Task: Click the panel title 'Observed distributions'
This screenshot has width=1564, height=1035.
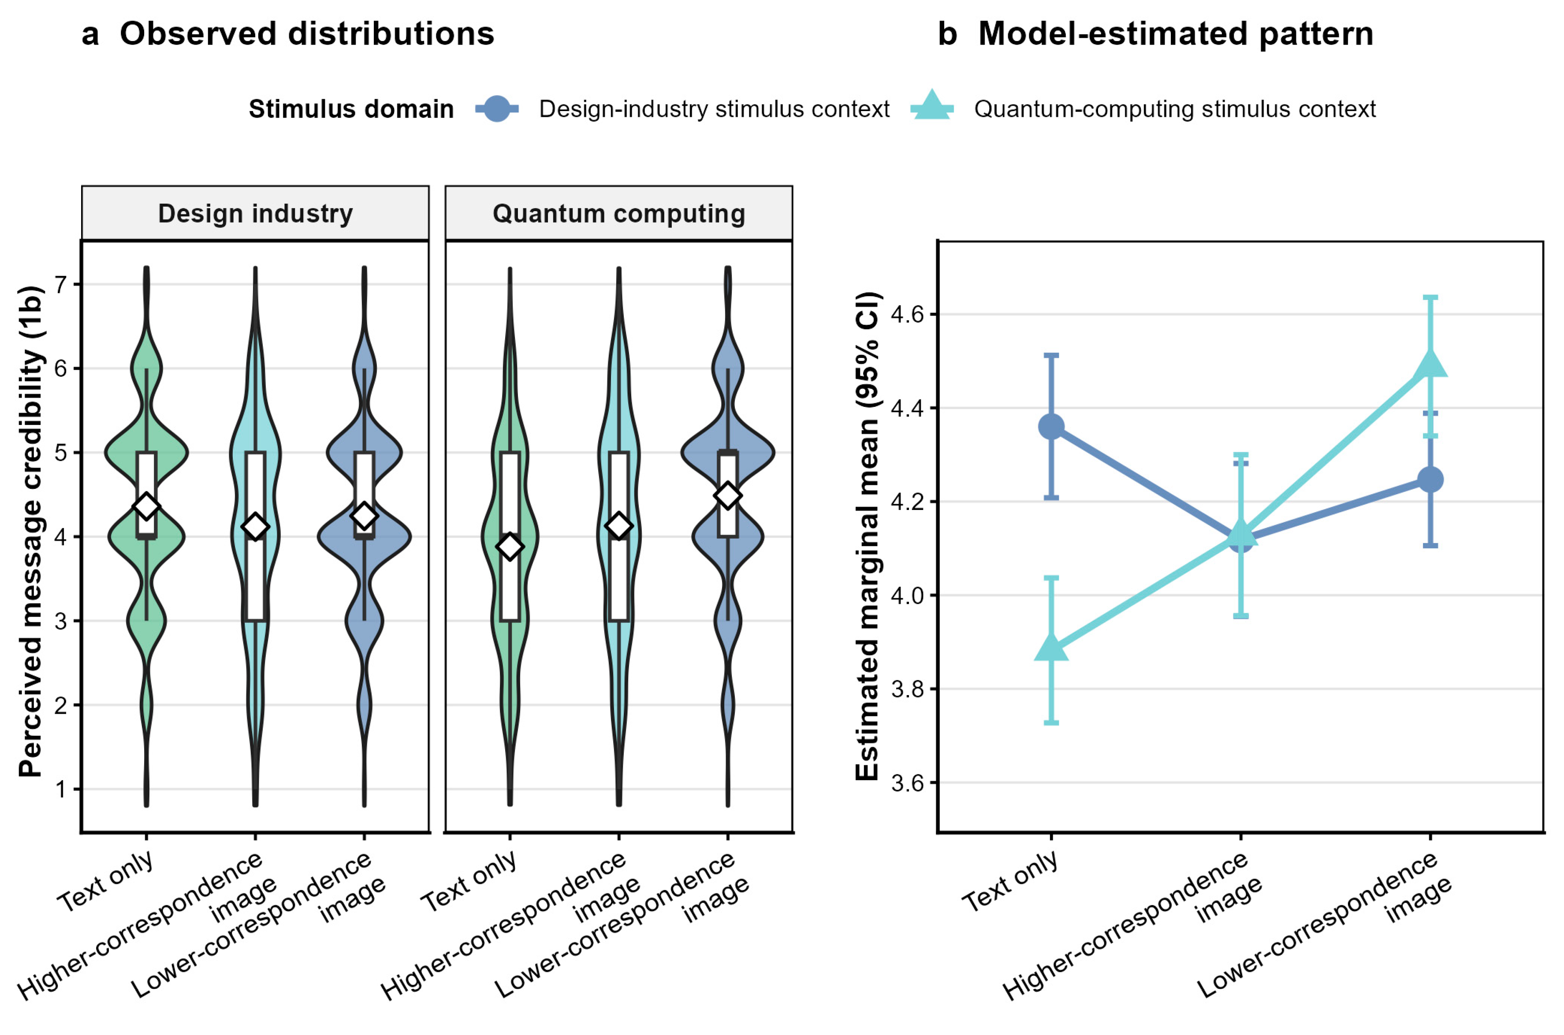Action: [307, 33]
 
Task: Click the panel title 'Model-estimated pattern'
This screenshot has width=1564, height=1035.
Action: [1175, 33]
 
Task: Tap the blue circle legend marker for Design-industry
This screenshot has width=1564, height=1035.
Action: [497, 108]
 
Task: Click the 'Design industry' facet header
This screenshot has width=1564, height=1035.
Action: [255, 213]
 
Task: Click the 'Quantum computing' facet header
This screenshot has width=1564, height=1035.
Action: [619, 213]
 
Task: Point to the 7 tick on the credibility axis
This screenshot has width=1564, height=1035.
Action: [61, 284]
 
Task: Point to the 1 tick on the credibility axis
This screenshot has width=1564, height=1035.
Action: [61, 789]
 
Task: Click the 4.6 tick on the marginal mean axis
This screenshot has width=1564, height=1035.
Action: [907, 314]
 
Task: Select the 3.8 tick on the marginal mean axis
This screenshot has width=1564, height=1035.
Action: [907, 689]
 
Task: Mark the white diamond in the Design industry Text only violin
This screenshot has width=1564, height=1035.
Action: [146, 506]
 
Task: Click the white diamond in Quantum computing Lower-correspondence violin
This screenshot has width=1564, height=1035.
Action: [728, 495]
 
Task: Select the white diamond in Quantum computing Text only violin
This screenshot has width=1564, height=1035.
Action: [510, 547]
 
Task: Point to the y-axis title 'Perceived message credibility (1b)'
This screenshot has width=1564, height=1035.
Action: [32, 531]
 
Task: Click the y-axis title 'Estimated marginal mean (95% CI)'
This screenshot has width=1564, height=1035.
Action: [867, 536]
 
